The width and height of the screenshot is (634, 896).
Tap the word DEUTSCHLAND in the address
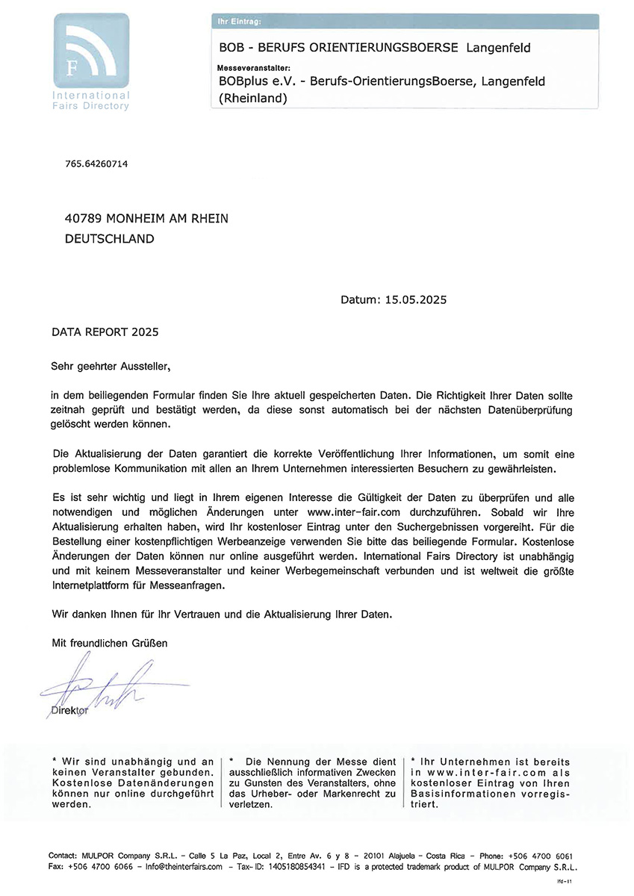point(110,240)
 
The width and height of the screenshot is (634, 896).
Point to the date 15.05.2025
point(415,300)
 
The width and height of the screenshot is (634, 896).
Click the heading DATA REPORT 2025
point(105,331)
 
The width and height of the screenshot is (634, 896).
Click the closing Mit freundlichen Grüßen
point(109,643)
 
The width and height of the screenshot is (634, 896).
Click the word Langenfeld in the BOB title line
point(498,49)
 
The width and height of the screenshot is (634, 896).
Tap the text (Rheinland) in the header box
point(252,98)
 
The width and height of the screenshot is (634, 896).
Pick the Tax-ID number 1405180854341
point(297,867)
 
